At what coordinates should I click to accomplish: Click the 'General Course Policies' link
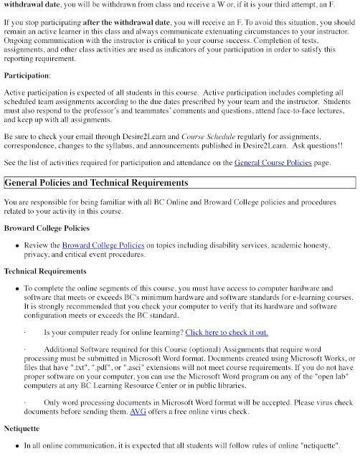tap(273, 163)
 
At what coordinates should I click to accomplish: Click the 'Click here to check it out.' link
tap(227, 332)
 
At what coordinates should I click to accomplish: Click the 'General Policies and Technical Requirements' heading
tap(96, 184)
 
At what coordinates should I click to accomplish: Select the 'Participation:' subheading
tap(27, 75)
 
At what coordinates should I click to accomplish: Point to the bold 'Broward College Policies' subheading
tap(48, 228)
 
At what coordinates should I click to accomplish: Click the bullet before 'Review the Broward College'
tap(16, 246)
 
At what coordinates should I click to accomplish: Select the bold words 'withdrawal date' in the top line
tap(32, 3)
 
